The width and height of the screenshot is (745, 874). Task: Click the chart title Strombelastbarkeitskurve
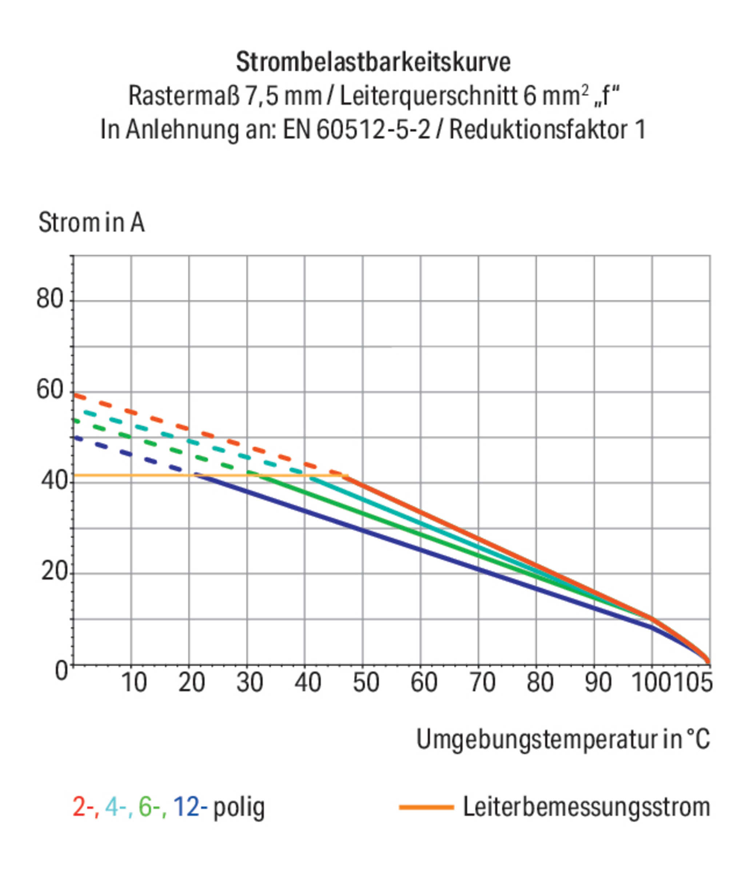click(x=373, y=62)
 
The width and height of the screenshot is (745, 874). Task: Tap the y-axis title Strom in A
click(x=91, y=223)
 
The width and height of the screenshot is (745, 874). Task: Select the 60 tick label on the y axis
click(x=50, y=389)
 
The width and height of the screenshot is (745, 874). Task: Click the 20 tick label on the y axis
click(x=54, y=571)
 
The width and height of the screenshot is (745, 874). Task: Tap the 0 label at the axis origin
click(x=61, y=670)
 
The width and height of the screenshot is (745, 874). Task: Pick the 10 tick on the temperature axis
click(x=134, y=682)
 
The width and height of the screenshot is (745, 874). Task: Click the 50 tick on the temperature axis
click(x=365, y=682)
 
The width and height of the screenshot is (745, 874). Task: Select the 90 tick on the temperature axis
click(x=598, y=682)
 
